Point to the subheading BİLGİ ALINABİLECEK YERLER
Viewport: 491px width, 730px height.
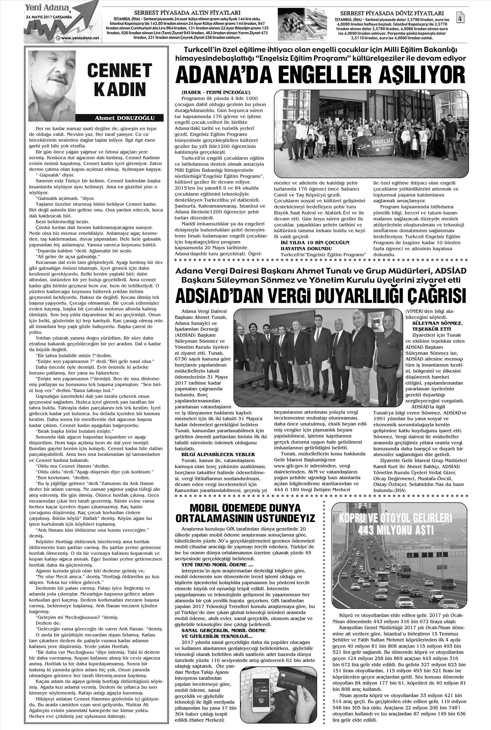coord(218,454)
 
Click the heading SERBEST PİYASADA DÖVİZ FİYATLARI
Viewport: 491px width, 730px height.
coord(387,13)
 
